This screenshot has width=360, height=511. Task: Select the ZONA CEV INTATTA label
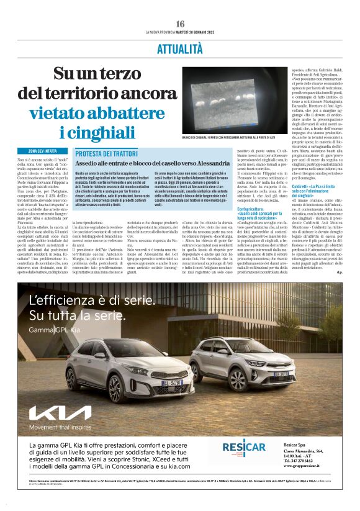[43, 151]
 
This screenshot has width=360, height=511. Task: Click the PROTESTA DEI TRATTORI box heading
[102, 153]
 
